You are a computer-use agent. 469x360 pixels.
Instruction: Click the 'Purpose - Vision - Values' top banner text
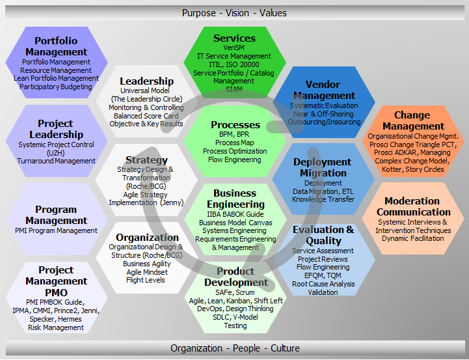tap(234, 13)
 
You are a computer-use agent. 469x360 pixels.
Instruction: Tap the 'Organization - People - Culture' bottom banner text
tap(235, 348)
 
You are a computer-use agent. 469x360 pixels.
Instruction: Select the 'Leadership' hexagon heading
tap(146, 81)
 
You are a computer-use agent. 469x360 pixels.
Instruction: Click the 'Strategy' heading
tap(146, 160)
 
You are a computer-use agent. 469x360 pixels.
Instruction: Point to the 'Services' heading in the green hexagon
tap(234, 38)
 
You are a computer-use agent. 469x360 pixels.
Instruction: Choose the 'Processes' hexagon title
tap(235, 125)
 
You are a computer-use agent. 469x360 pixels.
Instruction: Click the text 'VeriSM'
tap(234, 48)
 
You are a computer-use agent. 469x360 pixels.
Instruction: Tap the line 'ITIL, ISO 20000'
tap(234, 64)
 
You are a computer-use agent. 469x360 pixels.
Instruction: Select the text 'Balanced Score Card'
tap(146, 116)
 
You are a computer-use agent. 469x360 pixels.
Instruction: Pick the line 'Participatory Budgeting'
tap(56, 87)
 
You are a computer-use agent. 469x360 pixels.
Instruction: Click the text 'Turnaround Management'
tap(56, 161)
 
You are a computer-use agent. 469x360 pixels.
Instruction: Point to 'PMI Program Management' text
tap(56, 230)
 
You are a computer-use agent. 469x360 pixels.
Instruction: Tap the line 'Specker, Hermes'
tap(56, 319)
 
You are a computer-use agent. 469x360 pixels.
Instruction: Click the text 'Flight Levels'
tap(146, 280)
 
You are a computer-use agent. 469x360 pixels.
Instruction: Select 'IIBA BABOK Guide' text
tap(235, 214)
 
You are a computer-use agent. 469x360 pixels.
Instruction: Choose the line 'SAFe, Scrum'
tap(235, 292)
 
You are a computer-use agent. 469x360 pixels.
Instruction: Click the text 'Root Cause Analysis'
tap(323, 284)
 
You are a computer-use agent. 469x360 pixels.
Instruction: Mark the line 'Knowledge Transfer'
tap(323, 199)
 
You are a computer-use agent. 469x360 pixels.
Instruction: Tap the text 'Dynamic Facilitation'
tap(413, 238)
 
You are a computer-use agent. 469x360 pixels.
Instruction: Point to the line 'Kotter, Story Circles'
tap(413, 169)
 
